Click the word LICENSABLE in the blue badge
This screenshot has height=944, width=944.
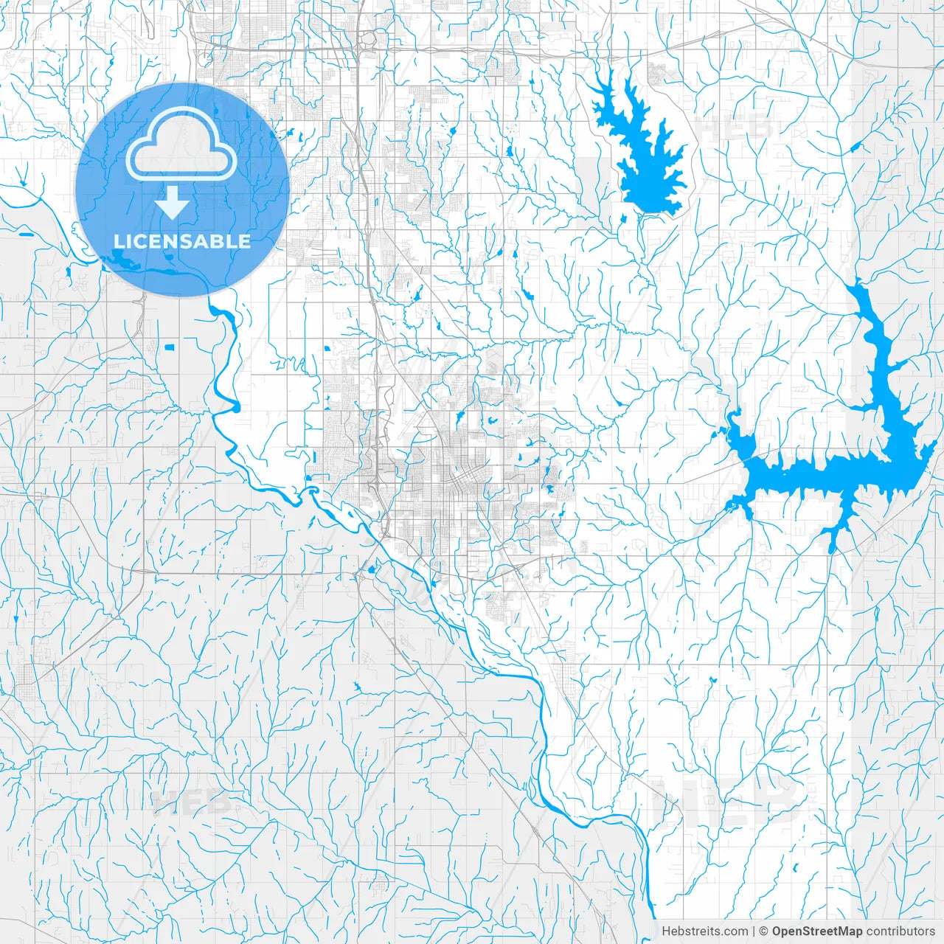[x=182, y=242]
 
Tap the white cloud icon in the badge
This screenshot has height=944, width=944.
[x=181, y=144]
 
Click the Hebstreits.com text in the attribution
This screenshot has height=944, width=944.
[x=704, y=931]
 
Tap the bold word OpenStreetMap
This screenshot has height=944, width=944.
[x=817, y=931]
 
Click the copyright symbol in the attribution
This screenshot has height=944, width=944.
[x=764, y=931]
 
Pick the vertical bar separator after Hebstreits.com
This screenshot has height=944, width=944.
[x=754, y=931]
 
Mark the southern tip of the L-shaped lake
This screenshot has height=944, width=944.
[x=833, y=549]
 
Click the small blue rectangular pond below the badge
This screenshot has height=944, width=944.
[x=170, y=347]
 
